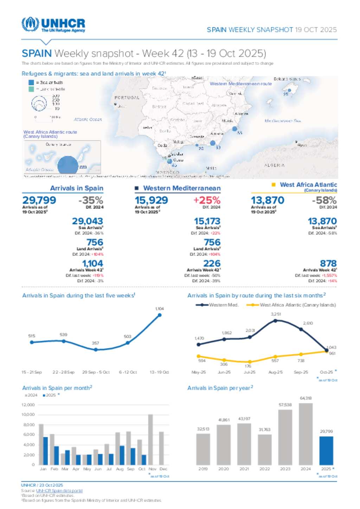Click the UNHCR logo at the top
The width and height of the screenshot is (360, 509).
[53, 25]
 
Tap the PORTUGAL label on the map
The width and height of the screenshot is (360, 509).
[127, 98]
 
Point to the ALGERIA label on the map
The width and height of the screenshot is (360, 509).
[274, 165]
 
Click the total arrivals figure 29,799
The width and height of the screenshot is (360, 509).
[39, 200]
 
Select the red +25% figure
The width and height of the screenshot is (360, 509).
[207, 200]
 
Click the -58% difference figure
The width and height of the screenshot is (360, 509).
[324, 200]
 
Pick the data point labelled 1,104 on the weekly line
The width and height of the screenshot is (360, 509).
[160, 315]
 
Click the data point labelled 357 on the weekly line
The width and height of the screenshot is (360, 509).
[96, 350]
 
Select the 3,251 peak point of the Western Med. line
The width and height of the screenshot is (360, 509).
[275, 320]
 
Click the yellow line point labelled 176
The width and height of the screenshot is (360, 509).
[250, 361]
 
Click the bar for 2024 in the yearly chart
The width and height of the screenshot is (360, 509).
[306, 434]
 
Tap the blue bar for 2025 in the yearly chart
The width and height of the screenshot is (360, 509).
[326, 451]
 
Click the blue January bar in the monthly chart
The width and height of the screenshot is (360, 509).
[45, 451]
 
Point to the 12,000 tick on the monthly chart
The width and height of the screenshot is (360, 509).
[28, 405]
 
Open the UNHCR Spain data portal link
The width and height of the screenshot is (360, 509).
[59, 491]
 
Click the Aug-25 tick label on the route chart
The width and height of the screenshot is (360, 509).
[275, 372]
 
